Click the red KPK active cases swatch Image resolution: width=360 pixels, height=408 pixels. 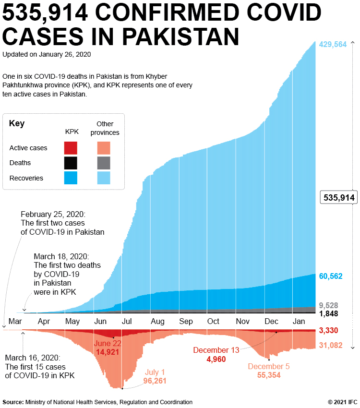(x=71, y=148)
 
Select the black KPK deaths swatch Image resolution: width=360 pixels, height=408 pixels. (x=71, y=163)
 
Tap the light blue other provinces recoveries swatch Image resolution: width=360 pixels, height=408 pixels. (x=103, y=178)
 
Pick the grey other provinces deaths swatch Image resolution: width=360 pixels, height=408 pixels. (x=103, y=163)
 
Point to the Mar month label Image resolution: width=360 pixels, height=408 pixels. (x=15, y=321)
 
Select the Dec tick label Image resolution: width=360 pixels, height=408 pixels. (x=272, y=321)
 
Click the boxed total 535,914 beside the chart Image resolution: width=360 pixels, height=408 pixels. (x=339, y=197)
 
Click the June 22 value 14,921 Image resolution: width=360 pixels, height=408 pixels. (x=108, y=352)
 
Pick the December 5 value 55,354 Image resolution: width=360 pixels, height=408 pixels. (x=268, y=375)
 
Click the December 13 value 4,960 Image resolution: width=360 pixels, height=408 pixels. (x=216, y=359)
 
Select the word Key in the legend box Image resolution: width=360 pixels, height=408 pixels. (x=17, y=124)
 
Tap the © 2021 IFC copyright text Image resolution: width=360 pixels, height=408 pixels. (x=342, y=402)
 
